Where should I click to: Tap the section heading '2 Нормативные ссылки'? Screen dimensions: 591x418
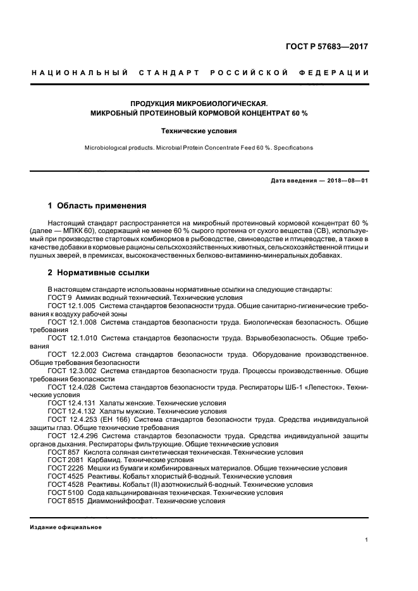click(x=99, y=273)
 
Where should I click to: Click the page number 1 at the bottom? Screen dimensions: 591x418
click(x=367, y=540)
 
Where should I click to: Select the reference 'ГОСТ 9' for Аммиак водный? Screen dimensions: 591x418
click(x=60, y=297)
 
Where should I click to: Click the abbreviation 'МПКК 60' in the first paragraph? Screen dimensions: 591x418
click(x=80, y=232)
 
